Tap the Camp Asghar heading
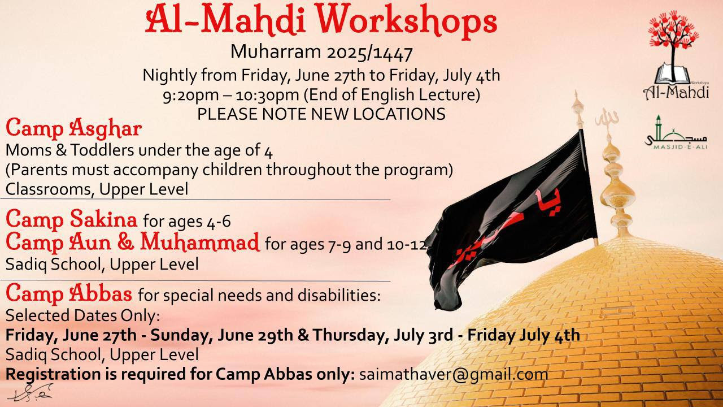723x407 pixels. (73, 128)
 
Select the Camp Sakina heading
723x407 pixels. (71, 219)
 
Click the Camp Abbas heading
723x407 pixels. (69, 293)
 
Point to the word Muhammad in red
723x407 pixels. (200, 243)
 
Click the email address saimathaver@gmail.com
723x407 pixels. (454, 375)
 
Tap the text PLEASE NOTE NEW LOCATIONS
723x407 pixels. (321, 114)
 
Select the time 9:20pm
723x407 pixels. (190, 96)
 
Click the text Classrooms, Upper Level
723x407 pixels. (97, 189)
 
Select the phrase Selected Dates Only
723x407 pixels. (82, 315)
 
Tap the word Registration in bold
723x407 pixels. (53, 375)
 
